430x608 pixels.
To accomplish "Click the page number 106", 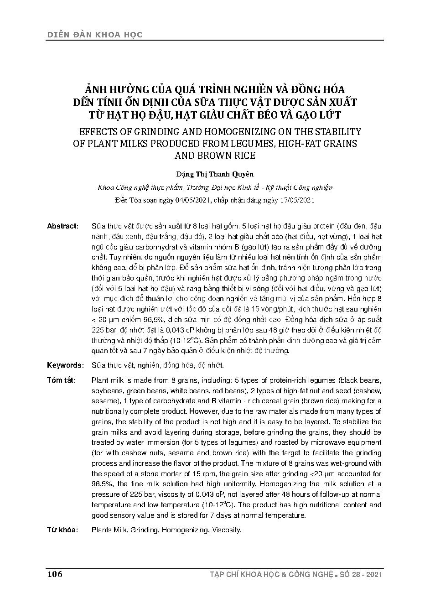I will (x=54, y=574).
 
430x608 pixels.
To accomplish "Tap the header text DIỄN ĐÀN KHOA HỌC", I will (x=94, y=34).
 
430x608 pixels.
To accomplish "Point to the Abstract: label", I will (x=63, y=226).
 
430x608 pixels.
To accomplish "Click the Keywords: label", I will (x=65, y=365).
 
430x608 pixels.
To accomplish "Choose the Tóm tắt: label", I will (x=61, y=380).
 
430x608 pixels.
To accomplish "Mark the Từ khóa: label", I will (x=62, y=530).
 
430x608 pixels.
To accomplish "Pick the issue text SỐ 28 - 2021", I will (x=360, y=574).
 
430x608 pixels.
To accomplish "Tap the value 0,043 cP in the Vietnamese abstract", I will (x=179, y=330).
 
